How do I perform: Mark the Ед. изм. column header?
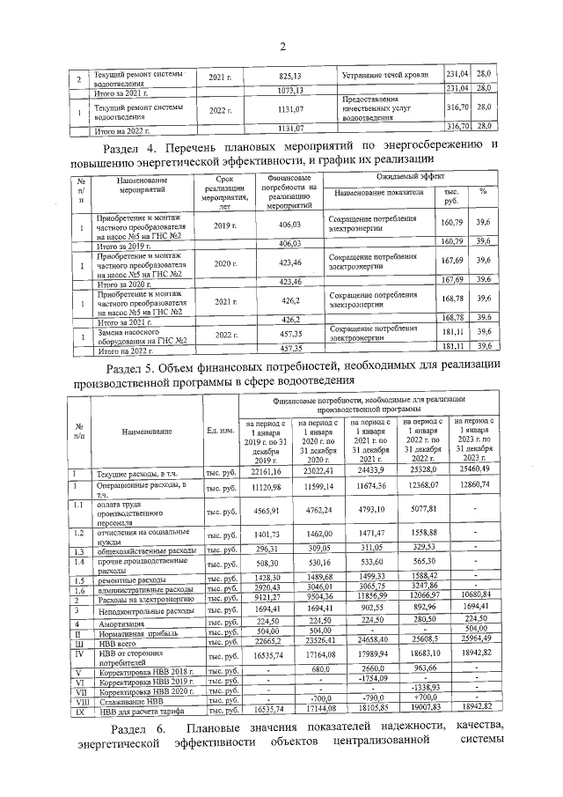click(219, 431)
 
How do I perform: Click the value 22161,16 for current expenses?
click(265, 474)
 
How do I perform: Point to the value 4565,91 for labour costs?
click(265, 512)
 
